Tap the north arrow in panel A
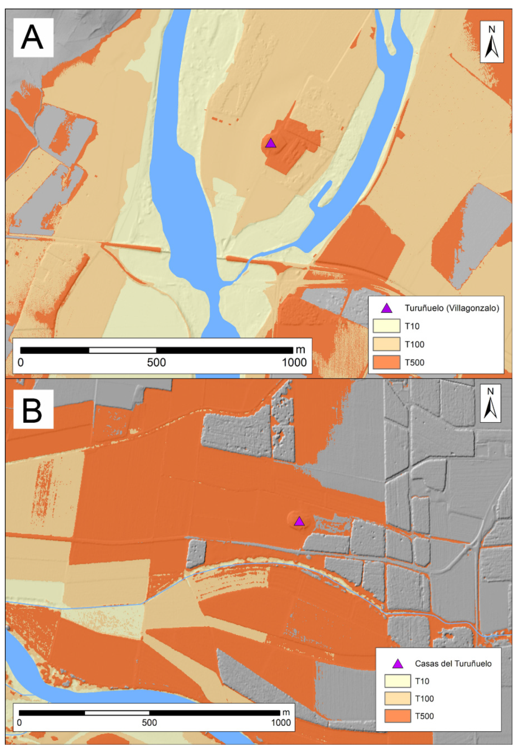pyautogui.click(x=492, y=42)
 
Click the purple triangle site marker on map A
pyautogui.click(x=271, y=143)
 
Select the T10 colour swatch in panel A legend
pyautogui.click(x=386, y=326)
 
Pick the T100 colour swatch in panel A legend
pyautogui.click(x=386, y=344)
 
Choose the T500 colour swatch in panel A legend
pyautogui.click(x=386, y=362)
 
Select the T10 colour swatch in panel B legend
pyautogui.click(x=397, y=681)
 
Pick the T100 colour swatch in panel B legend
pyautogui.click(x=397, y=699)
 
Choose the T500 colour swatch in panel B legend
pyautogui.click(x=397, y=716)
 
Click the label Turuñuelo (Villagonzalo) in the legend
pyautogui.click(x=452, y=308)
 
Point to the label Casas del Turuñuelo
pyautogui.click(x=453, y=664)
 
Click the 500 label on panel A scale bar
pyautogui.click(x=156, y=363)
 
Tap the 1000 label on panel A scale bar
pyautogui.click(x=294, y=363)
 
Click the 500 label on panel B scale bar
pyautogui.click(x=149, y=723)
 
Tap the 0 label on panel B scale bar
pyautogui.click(x=19, y=723)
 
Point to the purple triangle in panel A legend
pyautogui.click(x=386, y=308)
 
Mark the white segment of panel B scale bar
pyautogui.click(x=117, y=713)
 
